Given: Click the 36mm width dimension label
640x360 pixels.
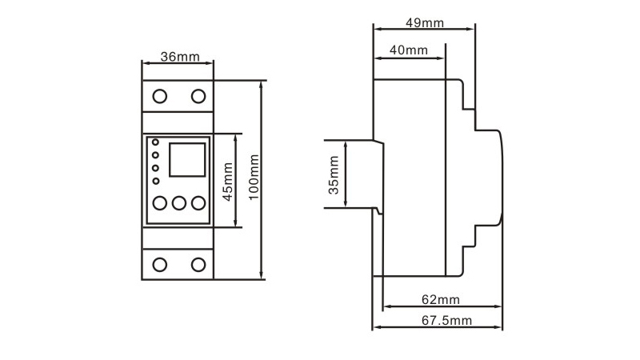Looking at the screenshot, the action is [180, 57].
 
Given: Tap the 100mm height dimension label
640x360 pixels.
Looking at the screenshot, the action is [254, 177].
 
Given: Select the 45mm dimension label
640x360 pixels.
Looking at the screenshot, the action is [227, 182].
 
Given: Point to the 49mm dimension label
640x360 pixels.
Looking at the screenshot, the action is [425, 23].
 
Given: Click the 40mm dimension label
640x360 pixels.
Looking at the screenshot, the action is [409, 50].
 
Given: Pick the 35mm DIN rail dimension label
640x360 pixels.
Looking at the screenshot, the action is [334, 175].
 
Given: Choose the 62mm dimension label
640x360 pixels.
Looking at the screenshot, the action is [441, 300].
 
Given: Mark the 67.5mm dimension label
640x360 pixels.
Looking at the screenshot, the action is [446, 321].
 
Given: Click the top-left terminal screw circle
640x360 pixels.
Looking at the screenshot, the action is [159, 96].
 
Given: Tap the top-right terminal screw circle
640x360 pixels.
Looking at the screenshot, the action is [198, 96].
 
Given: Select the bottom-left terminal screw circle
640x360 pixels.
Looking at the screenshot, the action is [159, 265].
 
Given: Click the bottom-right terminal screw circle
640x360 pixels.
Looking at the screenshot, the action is [198, 265].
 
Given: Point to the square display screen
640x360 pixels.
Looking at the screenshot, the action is [187, 159].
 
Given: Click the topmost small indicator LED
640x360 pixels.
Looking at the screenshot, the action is [155, 142].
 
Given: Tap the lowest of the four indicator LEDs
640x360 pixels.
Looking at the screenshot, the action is [155, 181].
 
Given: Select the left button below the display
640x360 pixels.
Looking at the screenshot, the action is [159, 203].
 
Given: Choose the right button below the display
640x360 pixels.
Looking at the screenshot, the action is [198, 203].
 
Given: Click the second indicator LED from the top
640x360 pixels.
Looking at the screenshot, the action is [155, 155].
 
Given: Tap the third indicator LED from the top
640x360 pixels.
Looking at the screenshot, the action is [155, 168].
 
